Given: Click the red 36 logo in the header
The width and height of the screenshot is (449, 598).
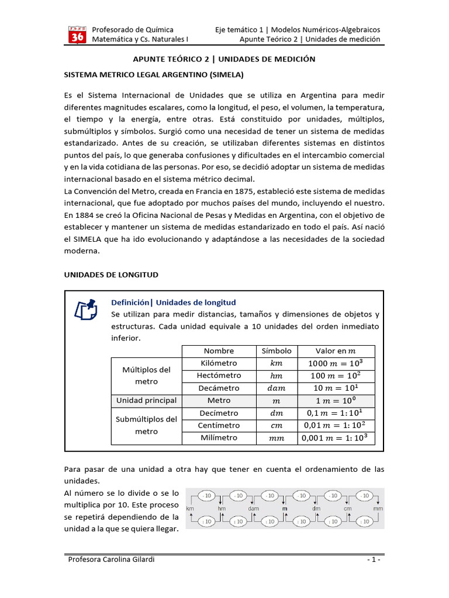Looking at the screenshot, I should [x=77, y=35].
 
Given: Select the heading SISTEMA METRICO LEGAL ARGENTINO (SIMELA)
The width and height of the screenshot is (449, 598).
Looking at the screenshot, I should [x=153, y=75].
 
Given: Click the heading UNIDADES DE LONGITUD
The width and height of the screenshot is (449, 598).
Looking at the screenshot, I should [x=110, y=274].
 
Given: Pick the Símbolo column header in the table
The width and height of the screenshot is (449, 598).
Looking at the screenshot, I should [x=277, y=351].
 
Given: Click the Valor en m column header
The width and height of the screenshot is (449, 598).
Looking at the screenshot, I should [x=336, y=351].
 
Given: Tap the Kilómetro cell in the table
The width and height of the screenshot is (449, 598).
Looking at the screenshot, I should [x=219, y=363].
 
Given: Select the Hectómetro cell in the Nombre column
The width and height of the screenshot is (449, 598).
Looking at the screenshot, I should [x=219, y=376].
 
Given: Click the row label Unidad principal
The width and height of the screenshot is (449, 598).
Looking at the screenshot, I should [x=146, y=401].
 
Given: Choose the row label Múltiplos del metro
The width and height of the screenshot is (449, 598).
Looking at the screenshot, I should [x=146, y=376].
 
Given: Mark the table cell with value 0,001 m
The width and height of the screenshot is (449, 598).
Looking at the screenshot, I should [x=336, y=438].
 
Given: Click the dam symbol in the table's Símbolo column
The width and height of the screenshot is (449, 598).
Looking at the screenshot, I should [x=277, y=388].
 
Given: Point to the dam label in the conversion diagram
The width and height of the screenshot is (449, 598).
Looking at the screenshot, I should [x=253, y=509].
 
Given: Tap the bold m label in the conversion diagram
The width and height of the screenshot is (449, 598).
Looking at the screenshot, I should [x=285, y=509].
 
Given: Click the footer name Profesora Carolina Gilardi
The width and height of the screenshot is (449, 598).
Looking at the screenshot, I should [x=112, y=559].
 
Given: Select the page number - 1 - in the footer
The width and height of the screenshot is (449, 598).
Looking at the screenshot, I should [x=374, y=559].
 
